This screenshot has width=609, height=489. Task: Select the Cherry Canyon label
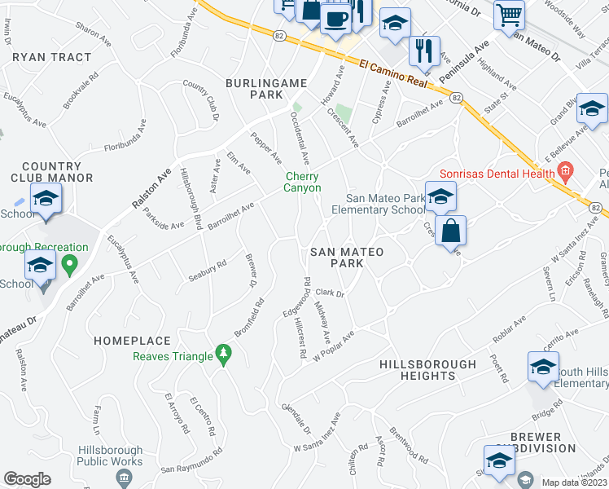click(302, 182)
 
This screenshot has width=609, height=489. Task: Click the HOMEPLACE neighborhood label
click(132, 341)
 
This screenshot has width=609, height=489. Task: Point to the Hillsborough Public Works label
click(110, 456)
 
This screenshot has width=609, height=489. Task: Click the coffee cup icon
click(335, 17)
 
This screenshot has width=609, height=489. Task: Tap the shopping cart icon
click(509, 14)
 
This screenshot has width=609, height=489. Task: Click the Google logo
click(27, 479)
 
